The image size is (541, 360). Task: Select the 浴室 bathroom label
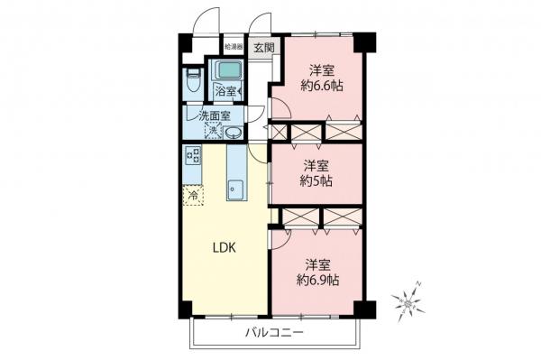coord(225,90)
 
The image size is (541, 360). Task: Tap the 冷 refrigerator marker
coord(193,193)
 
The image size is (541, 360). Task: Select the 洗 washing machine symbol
coord(213,132)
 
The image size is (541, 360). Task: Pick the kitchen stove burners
coord(193,155)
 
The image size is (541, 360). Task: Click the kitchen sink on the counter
coord(236,189)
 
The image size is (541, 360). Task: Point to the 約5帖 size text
coord(316,181)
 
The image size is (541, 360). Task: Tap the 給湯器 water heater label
coord(233,45)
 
